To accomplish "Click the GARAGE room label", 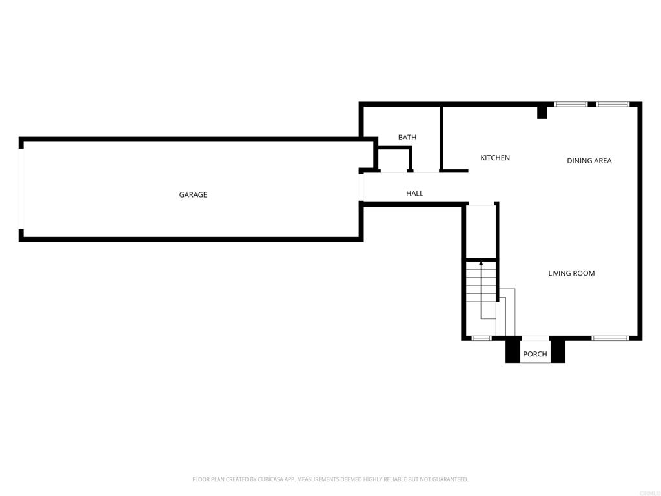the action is coord(193,194).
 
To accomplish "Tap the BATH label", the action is coord(407,137).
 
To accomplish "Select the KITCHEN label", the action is coord(495,158).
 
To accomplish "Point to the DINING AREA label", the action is coord(589,161).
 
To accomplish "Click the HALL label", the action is coord(414,193).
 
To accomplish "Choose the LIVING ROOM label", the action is coord(571,273).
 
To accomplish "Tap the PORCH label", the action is coord(535,354).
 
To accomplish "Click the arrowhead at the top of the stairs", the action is coord(481,263).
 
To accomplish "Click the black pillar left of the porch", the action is coord(513,349).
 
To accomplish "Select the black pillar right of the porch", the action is coord(558,349).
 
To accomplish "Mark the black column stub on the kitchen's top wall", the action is coord(542,112).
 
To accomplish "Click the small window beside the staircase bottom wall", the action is coord(481,338).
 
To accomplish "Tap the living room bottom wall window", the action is coord(610,338).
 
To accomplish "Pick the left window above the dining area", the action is coord(571,104).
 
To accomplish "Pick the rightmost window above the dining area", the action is coord(613,104).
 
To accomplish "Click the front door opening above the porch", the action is coord(535,338).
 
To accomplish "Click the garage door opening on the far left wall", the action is coord(21,189).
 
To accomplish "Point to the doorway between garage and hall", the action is coord(361,187).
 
